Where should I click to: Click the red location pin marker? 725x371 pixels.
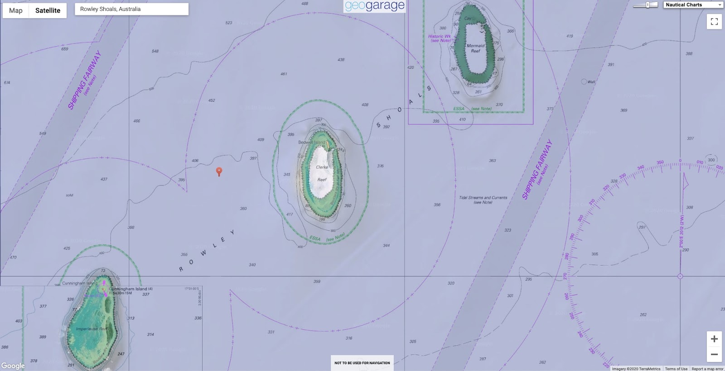[x=219, y=171]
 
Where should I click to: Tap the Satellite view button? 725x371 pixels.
[x=48, y=10]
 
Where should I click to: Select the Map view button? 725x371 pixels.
[x=16, y=10]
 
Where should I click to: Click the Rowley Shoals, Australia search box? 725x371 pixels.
[x=131, y=9]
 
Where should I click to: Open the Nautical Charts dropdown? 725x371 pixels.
[x=693, y=5]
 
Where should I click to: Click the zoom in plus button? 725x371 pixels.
[x=714, y=339]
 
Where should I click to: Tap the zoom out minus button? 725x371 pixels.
[x=714, y=354]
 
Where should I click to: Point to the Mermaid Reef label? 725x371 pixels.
[x=475, y=48]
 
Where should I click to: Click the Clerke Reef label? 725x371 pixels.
[x=322, y=173]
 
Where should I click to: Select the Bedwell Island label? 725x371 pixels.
[x=311, y=143]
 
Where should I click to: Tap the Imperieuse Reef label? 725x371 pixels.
[x=92, y=329]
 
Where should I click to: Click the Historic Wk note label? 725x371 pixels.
[x=440, y=38]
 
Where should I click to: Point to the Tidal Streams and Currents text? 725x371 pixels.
[x=483, y=200]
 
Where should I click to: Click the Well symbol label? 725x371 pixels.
[x=591, y=82]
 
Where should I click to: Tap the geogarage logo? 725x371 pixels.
[x=375, y=6]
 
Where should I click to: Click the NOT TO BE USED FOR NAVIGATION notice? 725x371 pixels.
[x=362, y=363]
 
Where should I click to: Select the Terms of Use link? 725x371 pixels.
[x=676, y=369]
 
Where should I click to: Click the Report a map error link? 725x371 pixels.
[x=707, y=369]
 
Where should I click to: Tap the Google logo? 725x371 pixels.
[x=13, y=366]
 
